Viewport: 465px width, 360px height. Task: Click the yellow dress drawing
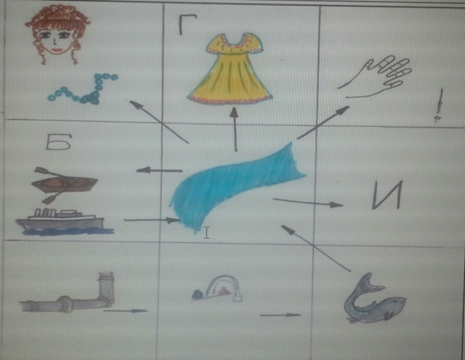(230, 68)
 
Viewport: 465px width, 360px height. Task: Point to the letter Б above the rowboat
(58, 144)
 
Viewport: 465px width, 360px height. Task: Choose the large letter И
(387, 195)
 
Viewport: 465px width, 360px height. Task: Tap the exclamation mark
(439, 105)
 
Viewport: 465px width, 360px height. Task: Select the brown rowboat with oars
(63, 185)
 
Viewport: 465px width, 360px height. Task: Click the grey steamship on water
(63, 221)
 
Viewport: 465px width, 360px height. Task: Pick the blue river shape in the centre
(237, 187)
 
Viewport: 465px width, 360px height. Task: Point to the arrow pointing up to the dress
(235, 129)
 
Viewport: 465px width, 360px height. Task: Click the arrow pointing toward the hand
(323, 123)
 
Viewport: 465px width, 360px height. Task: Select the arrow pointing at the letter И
(308, 202)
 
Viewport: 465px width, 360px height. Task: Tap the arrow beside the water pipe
(125, 311)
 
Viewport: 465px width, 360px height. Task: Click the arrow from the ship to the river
(152, 221)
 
